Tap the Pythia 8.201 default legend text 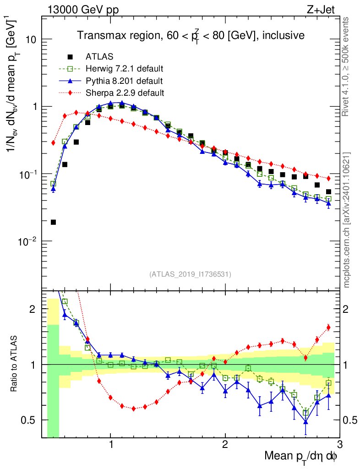pyautogui.click(x=124, y=81)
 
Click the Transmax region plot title pyautogui.click(x=191, y=36)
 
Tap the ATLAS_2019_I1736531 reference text pyautogui.click(x=190, y=274)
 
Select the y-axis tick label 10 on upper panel pyautogui.click(x=31, y=39)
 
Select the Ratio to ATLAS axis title pyautogui.click(x=15, y=364)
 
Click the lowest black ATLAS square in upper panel pyautogui.click(x=53, y=222)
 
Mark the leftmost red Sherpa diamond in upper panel pyautogui.click(x=53, y=143)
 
